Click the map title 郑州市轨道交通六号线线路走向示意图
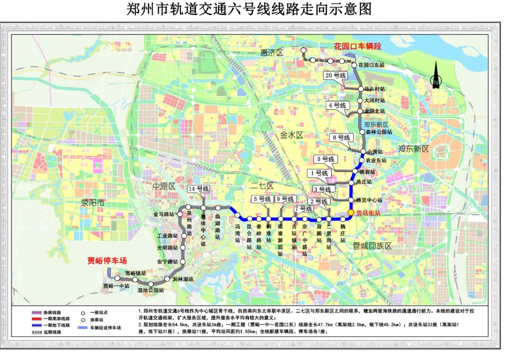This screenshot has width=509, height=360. [249, 9]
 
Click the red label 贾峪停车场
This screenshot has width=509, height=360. [107, 261]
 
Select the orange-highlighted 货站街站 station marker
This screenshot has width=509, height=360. [351, 213]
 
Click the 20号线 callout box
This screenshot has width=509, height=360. [335, 75]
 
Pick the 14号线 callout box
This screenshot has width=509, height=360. [198, 189]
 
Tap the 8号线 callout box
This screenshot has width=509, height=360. [341, 138]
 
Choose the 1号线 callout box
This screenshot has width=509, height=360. [319, 173]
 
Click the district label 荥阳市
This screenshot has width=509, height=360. [92, 204]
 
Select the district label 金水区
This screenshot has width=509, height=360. [292, 135]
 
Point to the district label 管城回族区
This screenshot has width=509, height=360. [372, 246]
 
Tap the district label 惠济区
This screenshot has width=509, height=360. [271, 53]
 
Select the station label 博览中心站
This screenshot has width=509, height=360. [370, 200]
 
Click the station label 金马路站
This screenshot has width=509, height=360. [163, 214]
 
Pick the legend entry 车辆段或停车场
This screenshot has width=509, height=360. [105, 327]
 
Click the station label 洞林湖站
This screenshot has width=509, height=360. [183, 279]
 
